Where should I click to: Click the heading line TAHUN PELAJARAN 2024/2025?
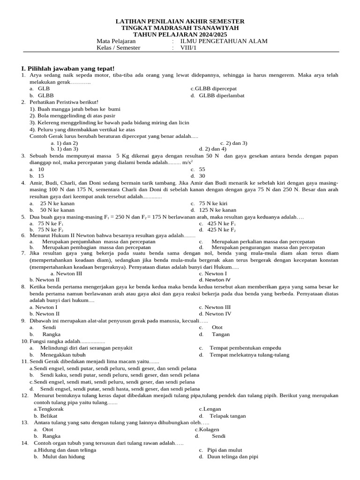[180, 35]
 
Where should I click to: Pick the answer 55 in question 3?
[202, 169]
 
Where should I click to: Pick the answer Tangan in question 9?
[220, 334]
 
